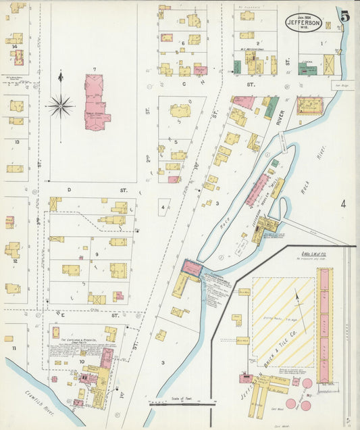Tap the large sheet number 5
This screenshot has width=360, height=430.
tap(344, 17)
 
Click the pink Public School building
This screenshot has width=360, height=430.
tap(96, 102)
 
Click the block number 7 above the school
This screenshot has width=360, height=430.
tap(95, 70)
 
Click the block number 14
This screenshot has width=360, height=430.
tap(14, 47)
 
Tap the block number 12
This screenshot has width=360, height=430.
tap(14, 260)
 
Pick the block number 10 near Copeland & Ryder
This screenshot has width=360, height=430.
tap(82, 362)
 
